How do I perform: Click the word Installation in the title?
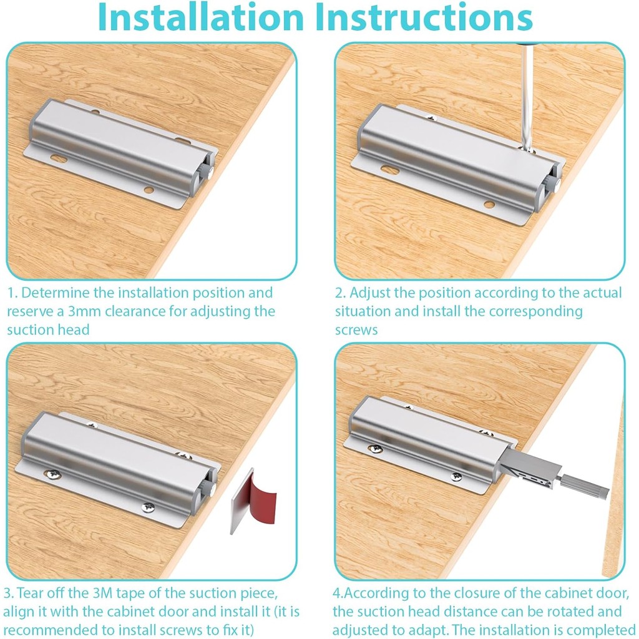(201, 17)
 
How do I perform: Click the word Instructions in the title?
(424, 17)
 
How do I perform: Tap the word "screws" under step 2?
(356, 329)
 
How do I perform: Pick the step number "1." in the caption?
(12, 293)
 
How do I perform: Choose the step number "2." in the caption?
(340, 293)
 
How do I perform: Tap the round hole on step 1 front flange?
(149, 190)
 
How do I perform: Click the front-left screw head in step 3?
(54, 474)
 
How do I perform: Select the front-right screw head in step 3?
(148, 507)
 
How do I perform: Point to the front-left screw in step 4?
(375, 449)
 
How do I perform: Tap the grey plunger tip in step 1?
(208, 172)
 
